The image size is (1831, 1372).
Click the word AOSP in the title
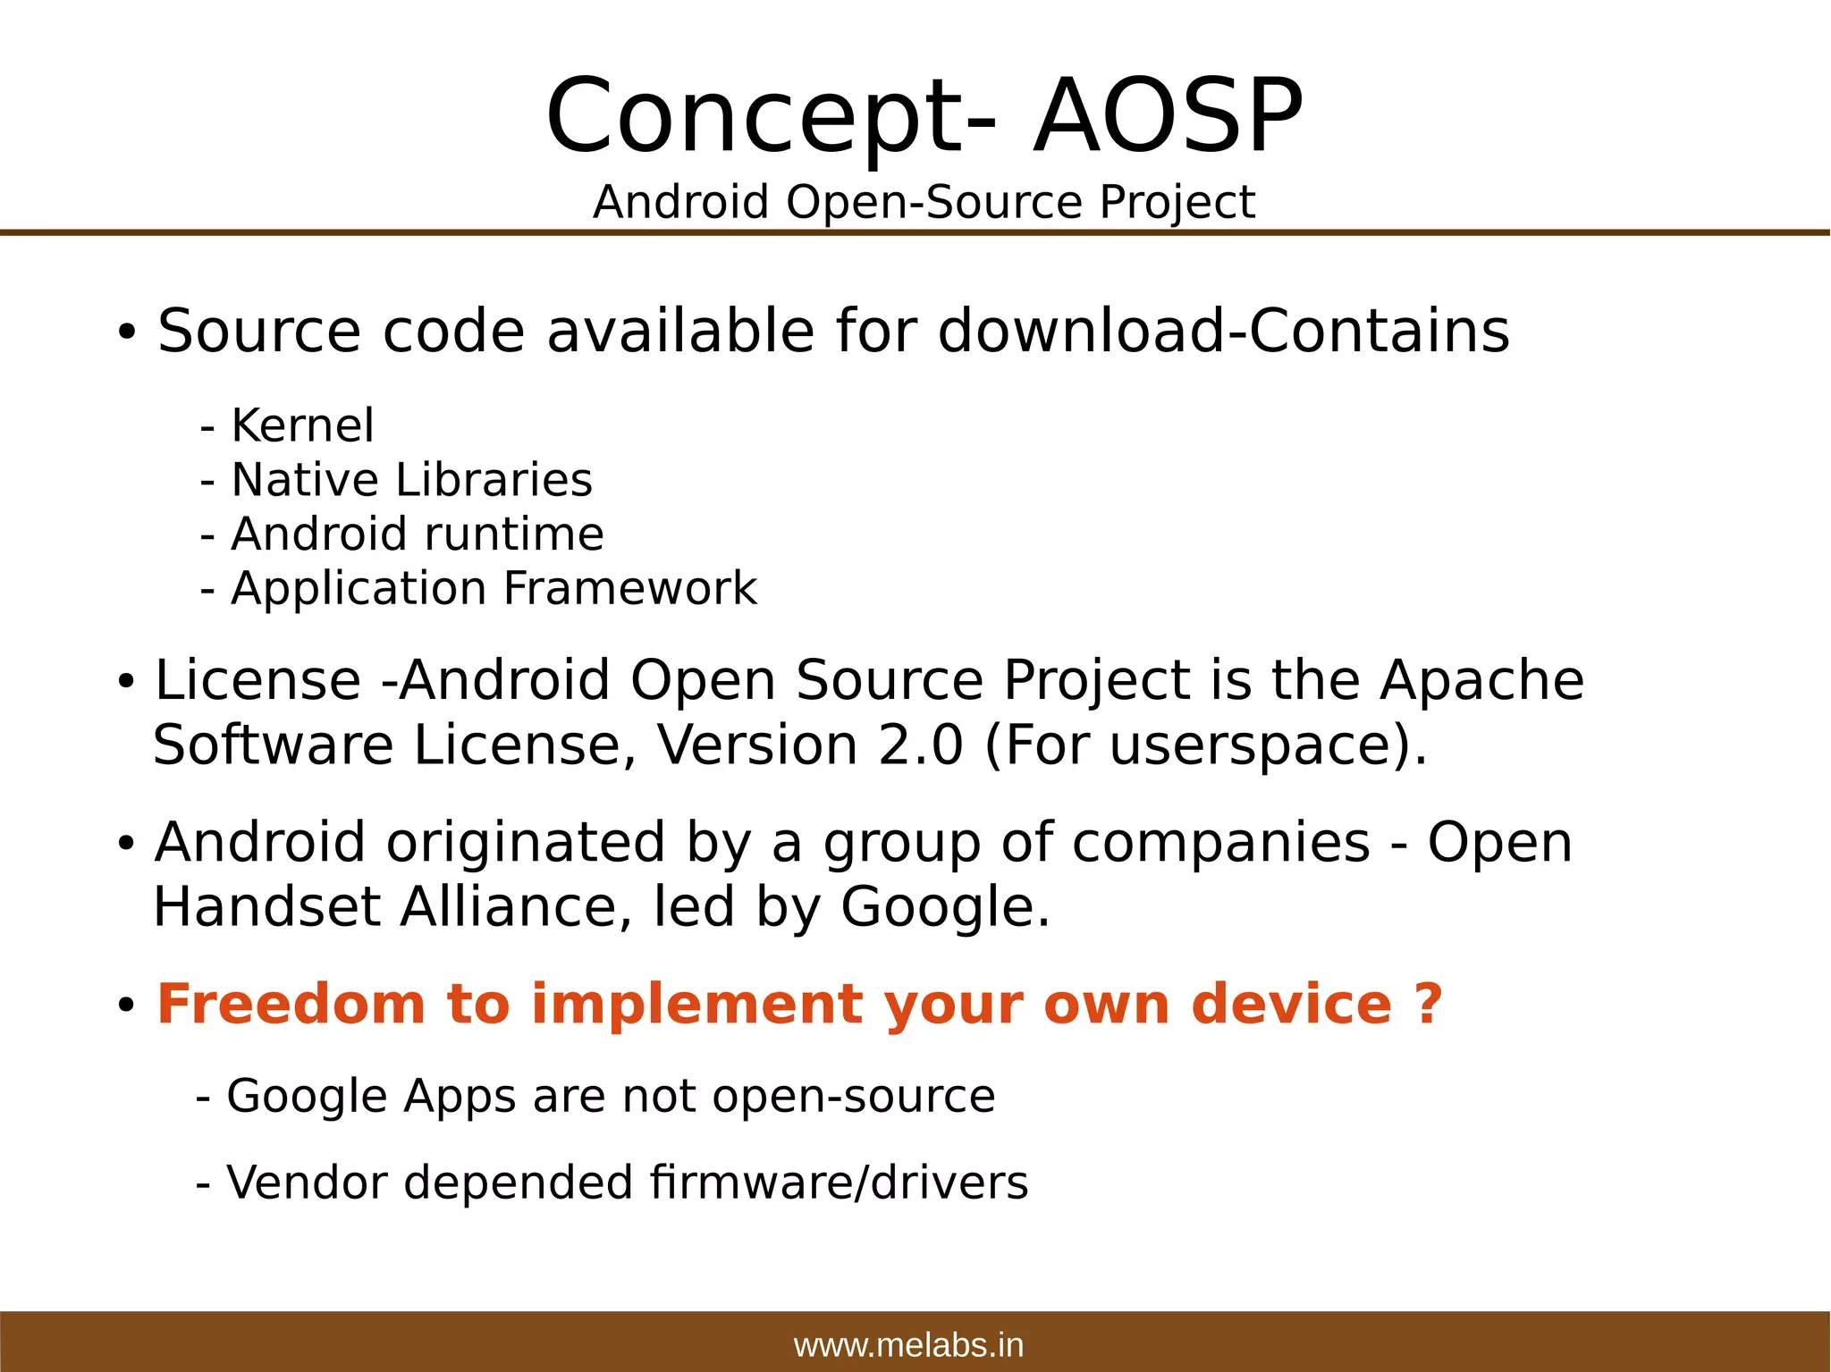pos(1168,117)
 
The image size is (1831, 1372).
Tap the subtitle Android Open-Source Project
pos(924,202)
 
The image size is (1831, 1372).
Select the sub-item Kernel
pos(301,425)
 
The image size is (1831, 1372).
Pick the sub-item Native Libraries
pos(410,480)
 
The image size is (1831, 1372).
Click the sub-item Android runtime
pos(417,534)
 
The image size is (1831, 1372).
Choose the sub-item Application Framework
pos(493,589)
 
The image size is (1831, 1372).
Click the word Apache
pos(1481,680)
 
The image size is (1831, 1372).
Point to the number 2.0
pos(921,745)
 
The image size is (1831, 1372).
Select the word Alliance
pos(508,907)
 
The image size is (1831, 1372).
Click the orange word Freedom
pos(291,1004)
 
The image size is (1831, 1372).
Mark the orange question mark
pos(1429,1004)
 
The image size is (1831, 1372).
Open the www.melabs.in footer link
pos(908,1345)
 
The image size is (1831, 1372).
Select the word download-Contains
pos(1223,331)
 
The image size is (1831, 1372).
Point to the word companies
pos(1220,843)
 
